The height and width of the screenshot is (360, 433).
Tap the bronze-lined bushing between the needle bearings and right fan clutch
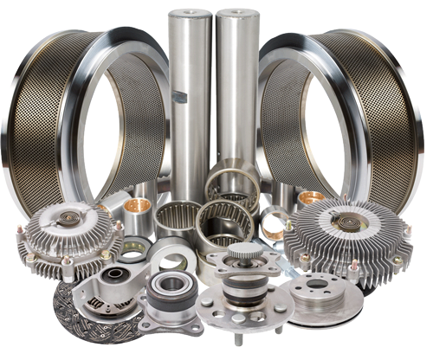click(279, 223)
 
